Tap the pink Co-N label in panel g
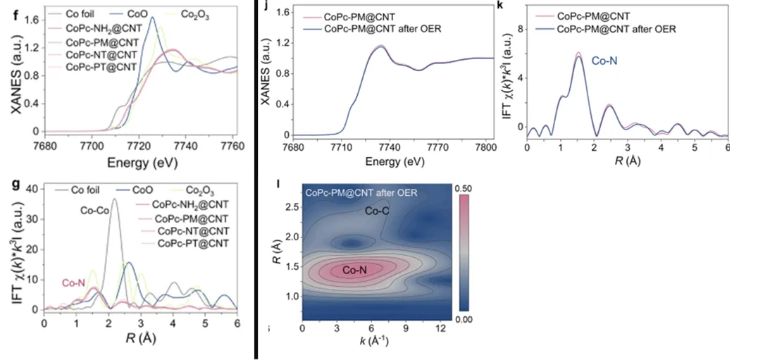click(73, 283)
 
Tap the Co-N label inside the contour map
click(356, 270)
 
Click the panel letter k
click(499, 6)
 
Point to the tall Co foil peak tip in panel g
click(115, 199)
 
